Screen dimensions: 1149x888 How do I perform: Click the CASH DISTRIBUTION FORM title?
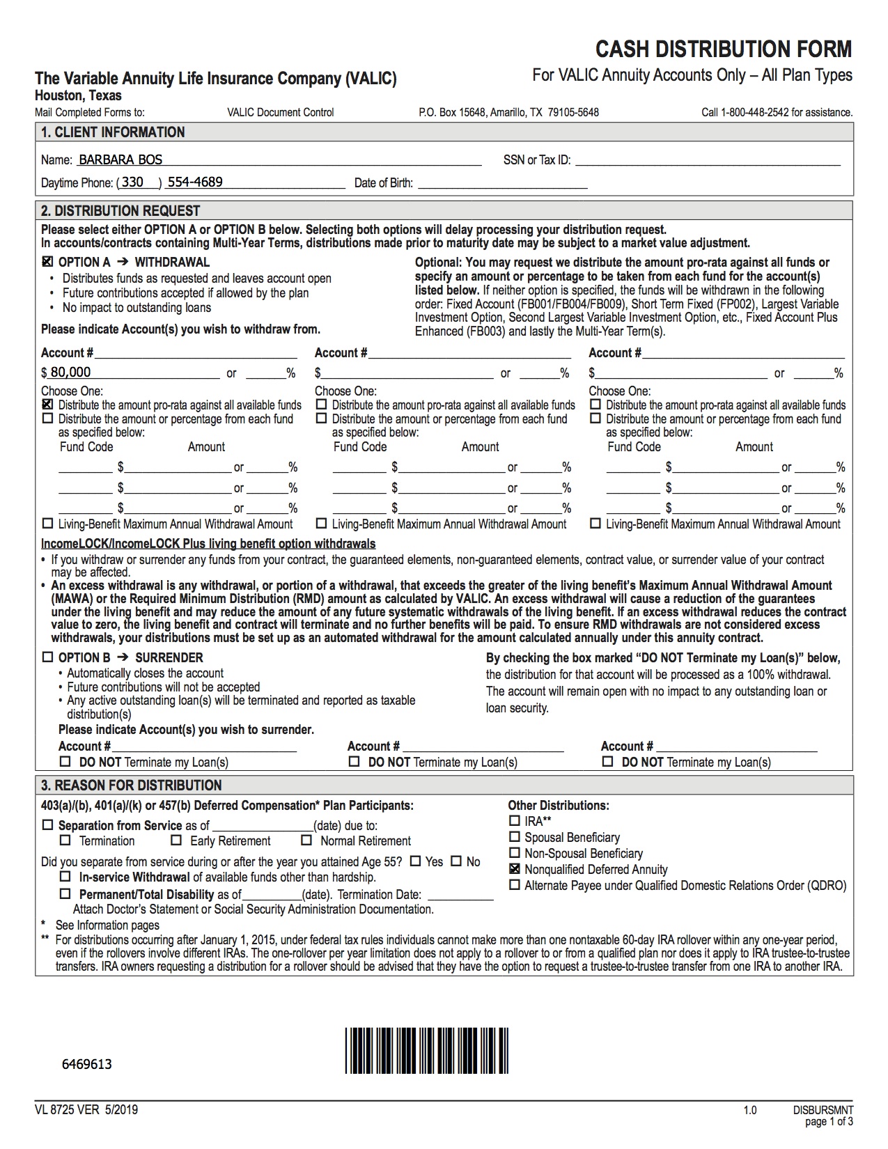point(724,49)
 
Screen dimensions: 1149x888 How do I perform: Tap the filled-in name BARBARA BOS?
point(120,159)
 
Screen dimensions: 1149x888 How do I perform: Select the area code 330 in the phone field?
point(132,182)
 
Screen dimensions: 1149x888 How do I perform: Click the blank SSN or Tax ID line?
point(707,160)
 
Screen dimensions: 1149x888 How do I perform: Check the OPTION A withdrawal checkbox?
point(47,263)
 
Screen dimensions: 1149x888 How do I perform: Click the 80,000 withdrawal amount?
point(70,373)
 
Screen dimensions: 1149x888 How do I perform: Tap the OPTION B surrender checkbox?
point(47,657)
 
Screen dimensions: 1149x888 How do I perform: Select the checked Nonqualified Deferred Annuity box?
point(515,869)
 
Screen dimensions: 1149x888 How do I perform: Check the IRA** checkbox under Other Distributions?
point(515,821)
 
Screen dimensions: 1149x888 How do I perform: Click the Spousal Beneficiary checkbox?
point(515,837)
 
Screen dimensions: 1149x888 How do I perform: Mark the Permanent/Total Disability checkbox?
point(65,894)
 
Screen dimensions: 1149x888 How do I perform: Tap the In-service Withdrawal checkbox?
point(65,877)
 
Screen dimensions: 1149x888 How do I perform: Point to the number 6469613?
point(87,1064)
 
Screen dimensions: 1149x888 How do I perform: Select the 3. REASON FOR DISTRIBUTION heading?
point(131,785)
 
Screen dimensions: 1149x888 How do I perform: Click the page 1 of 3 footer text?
point(829,1122)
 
